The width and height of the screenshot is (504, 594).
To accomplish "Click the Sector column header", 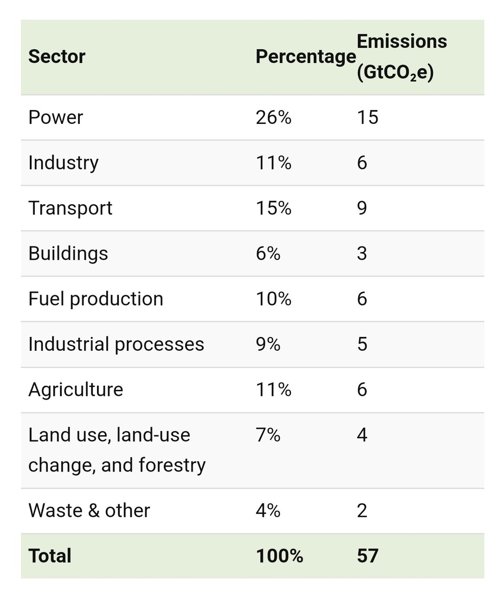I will [57, 57].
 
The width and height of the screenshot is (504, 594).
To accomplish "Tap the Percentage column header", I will [305, 57].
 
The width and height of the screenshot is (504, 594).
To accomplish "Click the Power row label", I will [55, 117].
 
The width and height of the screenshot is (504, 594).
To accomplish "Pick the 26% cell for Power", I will [273, 117].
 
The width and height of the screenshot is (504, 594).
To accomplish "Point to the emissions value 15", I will [368, 117].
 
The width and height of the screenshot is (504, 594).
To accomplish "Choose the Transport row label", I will [70, 208].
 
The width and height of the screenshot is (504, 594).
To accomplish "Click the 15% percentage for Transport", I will [273, 208].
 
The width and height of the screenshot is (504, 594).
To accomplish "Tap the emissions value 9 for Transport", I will [362, 208].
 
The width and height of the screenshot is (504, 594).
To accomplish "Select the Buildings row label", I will [68, 253].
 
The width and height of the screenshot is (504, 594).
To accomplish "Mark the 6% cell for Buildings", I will [268, 253].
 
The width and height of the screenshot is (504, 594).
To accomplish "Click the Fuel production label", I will [96, 299].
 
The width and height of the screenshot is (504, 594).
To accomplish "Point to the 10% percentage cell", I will [273, 299].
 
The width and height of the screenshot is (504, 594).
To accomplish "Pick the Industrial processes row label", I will [116, 344].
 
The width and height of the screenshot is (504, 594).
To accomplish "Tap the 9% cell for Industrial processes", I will [268, 344].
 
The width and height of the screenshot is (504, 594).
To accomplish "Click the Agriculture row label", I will [76, 389].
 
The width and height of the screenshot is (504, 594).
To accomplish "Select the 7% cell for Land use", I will [268, 435].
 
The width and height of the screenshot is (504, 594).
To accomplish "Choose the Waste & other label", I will [89, 510].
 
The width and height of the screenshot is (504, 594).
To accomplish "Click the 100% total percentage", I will [279, 555].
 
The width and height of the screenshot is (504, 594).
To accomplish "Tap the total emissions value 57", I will [368, 555].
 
